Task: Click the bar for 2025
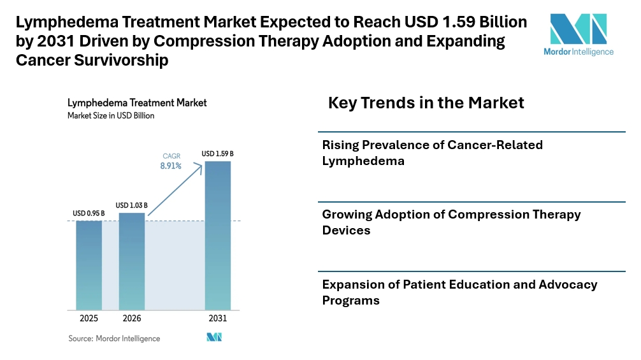point(89,264)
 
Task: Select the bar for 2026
point(132,261)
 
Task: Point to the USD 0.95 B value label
point(89,213)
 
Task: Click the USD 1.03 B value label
point(132,205)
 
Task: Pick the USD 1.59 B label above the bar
point(217,154)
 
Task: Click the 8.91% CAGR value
point(171,166)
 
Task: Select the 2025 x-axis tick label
point(89,318)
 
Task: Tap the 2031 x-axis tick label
point(217,318)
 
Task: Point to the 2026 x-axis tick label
point(132,318)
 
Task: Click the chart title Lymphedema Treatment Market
point(137,103)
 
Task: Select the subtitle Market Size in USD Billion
point(111,116)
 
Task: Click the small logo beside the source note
point(213,338)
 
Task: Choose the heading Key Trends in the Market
point(426,103)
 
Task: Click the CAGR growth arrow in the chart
point(175,191)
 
